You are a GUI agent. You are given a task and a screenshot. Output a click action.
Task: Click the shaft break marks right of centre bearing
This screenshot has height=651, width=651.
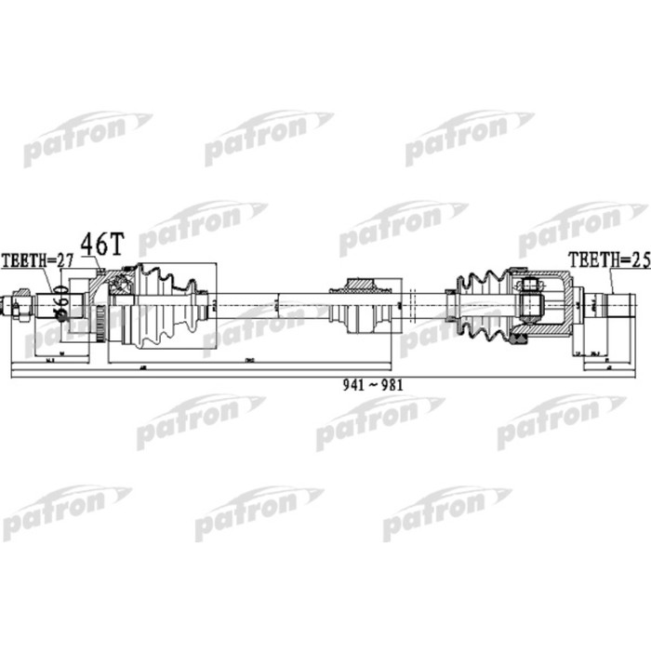(x=410, y=303)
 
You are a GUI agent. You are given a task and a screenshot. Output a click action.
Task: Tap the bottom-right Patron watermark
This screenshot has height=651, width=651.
(x=446, y=511)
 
